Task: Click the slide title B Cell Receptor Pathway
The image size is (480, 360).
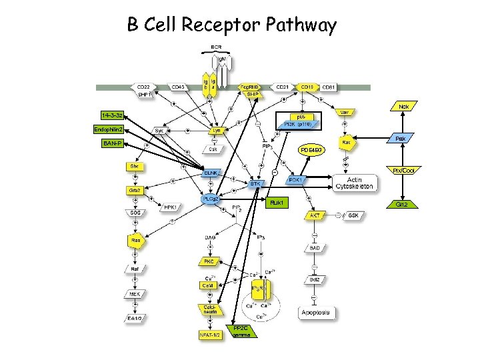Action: click(232, 26)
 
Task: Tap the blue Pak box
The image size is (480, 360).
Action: click(401, 138)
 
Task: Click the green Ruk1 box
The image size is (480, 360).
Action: click(278, 202)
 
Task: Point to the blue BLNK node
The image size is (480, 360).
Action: click(211, 173)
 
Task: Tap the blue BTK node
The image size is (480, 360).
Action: click(255, 183)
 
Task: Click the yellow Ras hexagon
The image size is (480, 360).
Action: click(135, 239)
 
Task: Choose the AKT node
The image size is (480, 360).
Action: click(313, 215)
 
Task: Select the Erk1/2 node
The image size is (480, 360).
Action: click(135, 319)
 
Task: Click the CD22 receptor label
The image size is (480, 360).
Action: click(143, 87)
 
